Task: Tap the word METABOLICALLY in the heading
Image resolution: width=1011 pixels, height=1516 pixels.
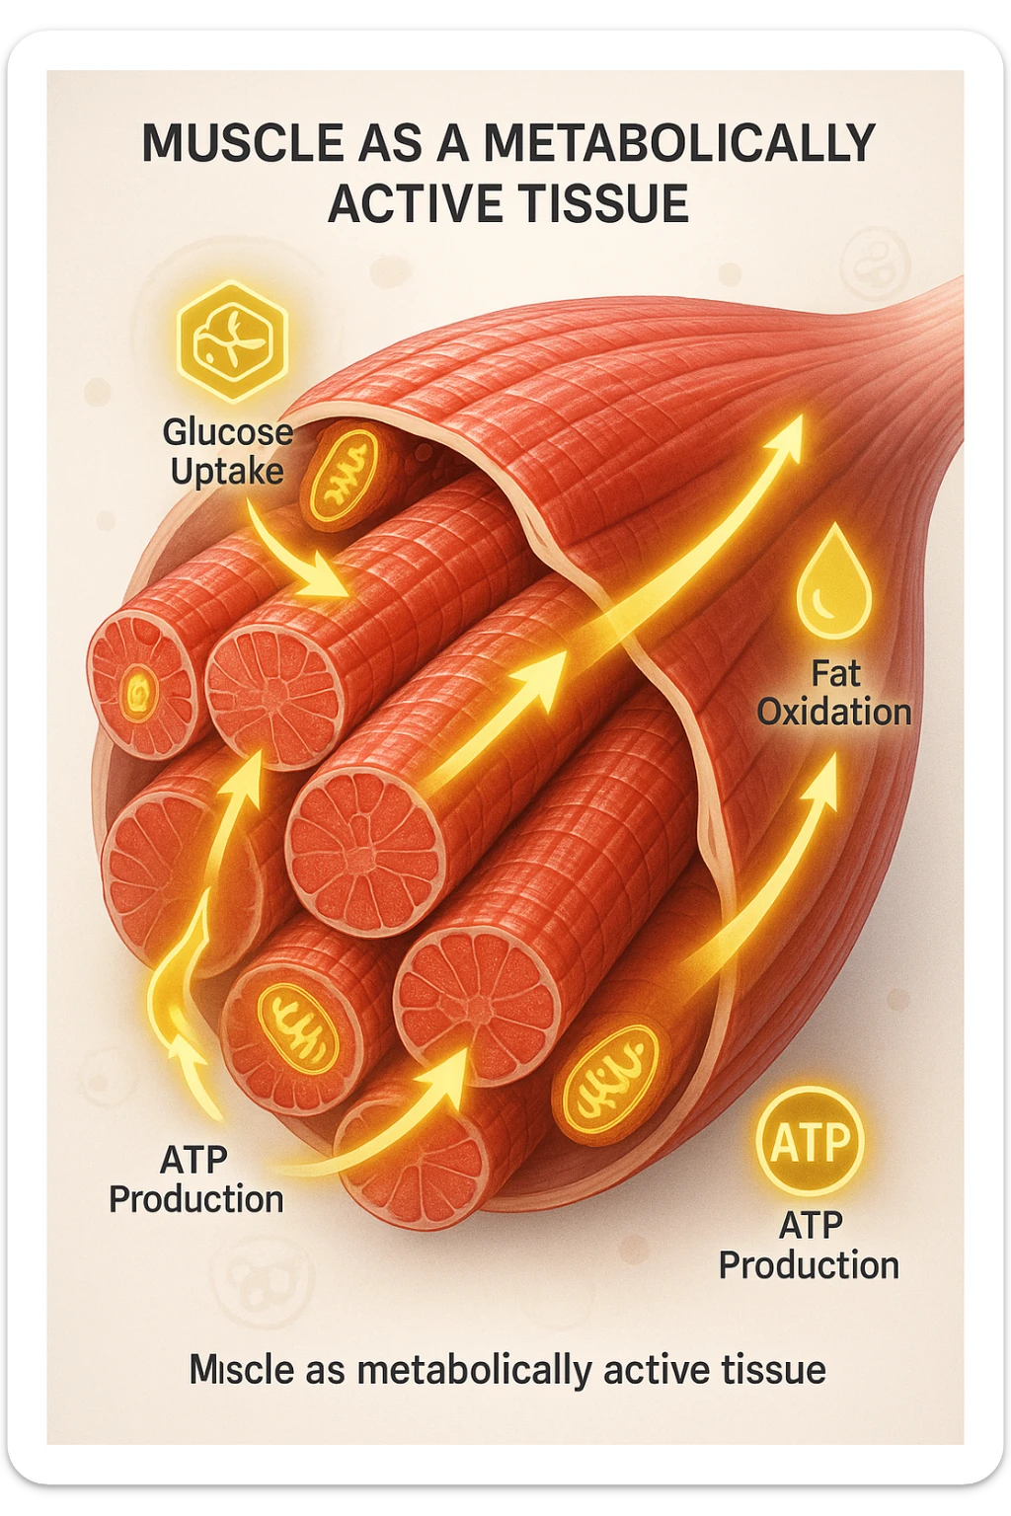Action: point(679,144)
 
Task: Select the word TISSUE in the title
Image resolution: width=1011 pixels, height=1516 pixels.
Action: point(608,204)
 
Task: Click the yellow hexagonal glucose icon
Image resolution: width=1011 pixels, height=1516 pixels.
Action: point(231,341)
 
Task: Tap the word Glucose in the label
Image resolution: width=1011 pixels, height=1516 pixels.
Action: point(227,432)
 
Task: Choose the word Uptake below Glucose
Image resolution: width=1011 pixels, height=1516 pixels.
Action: point(227,472)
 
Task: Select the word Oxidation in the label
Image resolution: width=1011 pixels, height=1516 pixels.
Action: point(834,712)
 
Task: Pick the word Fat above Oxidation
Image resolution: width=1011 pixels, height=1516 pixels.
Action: point(835,674)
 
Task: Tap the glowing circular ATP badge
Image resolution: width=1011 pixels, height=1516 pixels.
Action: point(810,1142)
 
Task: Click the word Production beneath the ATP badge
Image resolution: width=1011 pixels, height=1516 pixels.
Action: point(809,1265)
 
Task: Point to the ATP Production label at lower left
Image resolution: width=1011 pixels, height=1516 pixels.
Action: point(195,1179)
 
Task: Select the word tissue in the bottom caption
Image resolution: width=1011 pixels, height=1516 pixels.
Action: point(773,1370)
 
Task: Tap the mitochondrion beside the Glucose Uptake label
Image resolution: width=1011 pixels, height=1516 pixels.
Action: point(341,473)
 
